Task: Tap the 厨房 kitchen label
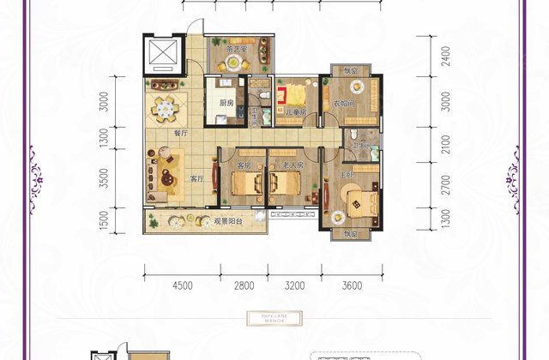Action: (x=226, y=103)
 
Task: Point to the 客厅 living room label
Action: (x=196, y=179)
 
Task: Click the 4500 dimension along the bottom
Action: (x=182, y=286)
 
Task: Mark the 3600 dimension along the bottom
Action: (x=351, y=286)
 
